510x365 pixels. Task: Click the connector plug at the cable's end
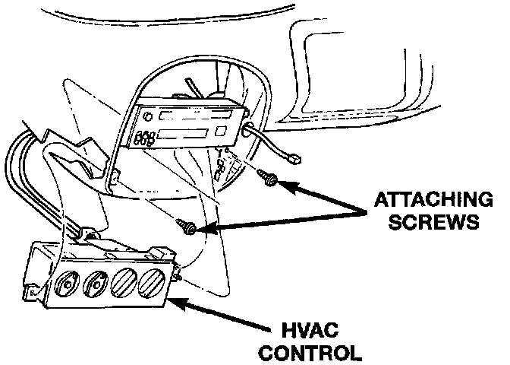294,160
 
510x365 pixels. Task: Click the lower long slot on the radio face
186,136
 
